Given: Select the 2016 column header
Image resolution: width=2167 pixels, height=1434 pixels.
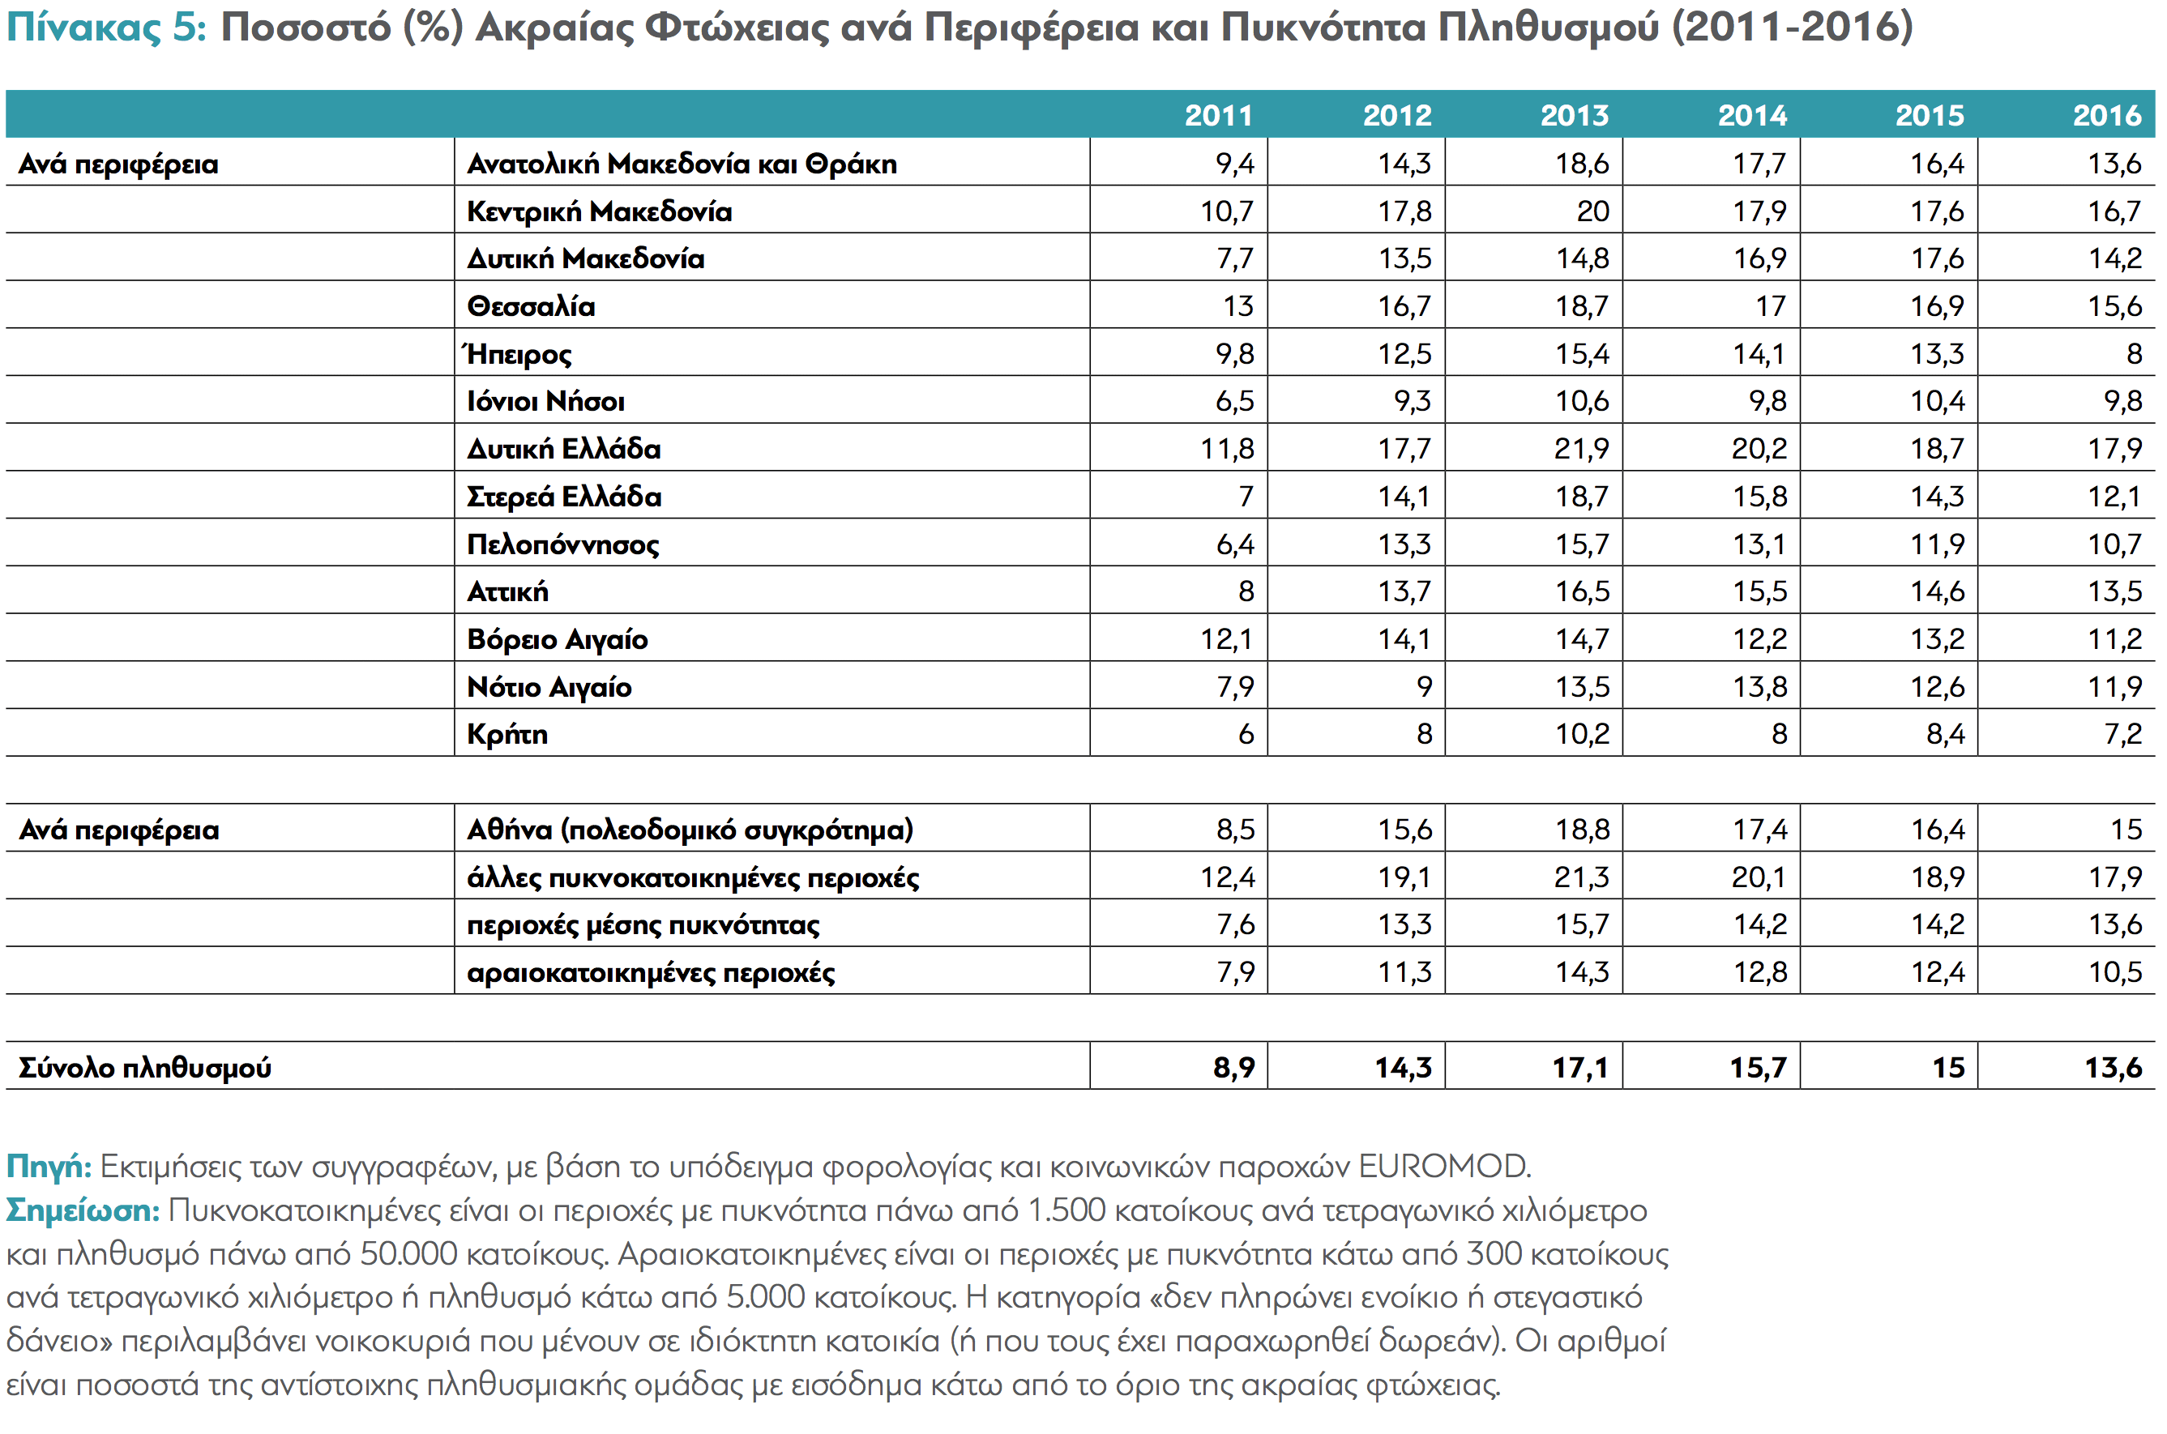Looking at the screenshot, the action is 2107,115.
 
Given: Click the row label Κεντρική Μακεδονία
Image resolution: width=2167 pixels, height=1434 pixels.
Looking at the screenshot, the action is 599,211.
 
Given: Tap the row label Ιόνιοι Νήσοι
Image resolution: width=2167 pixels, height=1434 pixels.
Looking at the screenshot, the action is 545,400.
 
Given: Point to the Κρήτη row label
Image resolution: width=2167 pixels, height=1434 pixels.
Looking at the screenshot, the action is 506,733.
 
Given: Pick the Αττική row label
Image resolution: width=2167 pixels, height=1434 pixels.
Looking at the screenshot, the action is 507,591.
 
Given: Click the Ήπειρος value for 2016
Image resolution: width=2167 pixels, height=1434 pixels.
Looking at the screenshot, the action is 2133,353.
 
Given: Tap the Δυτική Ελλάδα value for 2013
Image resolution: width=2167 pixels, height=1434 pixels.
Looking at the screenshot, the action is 1582,448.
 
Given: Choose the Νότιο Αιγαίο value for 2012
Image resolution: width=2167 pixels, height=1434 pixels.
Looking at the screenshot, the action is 1423,686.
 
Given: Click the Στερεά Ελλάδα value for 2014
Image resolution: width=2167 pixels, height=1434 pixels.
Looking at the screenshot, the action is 1759,496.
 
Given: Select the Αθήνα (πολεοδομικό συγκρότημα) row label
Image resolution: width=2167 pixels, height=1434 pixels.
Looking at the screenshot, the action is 690,830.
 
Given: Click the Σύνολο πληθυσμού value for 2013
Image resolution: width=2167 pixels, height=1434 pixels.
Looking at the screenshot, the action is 1579,1066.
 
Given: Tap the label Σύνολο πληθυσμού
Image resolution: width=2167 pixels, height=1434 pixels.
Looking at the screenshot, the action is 144,1067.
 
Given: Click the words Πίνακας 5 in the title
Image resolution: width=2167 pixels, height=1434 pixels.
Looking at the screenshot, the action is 106,28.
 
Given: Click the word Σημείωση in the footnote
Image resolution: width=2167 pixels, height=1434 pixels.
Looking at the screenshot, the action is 83,1211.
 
